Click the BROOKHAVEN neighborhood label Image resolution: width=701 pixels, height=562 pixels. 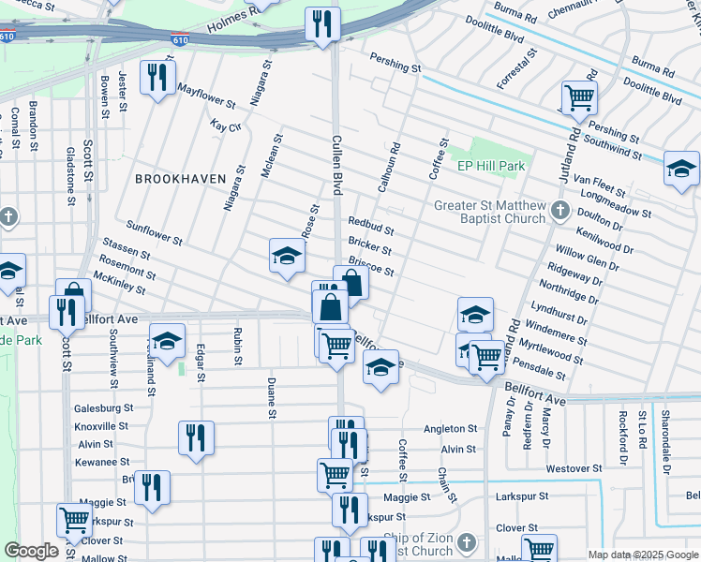click(x=181, y=178)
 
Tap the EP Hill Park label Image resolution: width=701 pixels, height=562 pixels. click(x=491, y=166)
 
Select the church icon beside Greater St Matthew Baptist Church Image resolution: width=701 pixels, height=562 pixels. click(x=560, y=211)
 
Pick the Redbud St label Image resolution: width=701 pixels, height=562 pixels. click(x=370, y=224)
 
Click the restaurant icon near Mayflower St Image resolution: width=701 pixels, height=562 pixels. click(x=157, y=77)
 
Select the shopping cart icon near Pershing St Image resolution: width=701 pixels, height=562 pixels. click(x=579, y=96)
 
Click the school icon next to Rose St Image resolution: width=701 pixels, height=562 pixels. click(x=287, y=256)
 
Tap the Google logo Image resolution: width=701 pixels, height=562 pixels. click(x=31, y=551)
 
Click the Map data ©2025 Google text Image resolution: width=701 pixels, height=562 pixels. click(x=643, y=555)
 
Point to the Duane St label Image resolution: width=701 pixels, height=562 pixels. click(x=271, y=398)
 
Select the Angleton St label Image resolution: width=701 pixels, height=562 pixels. click(x=451, y=429)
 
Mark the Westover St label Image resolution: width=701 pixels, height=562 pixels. click(x=573, y=468)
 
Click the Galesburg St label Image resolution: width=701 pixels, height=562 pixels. click(x=104, y=408)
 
